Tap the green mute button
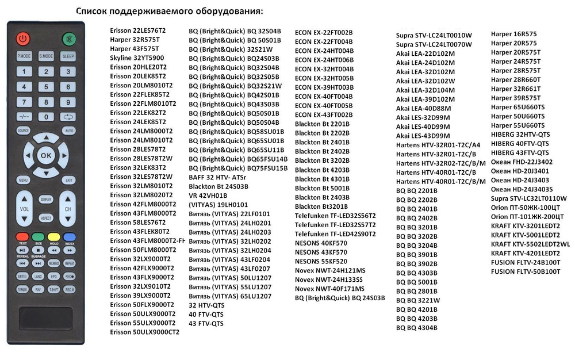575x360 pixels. point(68,39)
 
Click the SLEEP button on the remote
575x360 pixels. point(68,56)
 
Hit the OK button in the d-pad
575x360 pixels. point(46,155)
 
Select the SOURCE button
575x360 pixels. point(24,131)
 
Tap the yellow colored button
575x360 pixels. point(54,236)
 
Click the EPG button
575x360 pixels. point(54,277)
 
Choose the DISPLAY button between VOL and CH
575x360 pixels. point(46,199)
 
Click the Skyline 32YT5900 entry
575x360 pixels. point(137,58)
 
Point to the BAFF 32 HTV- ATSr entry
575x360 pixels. point(218,178)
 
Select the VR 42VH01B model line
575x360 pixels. point(208,196)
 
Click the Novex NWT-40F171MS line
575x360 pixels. point(329,289)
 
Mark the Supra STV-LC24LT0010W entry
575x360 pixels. point(434,35)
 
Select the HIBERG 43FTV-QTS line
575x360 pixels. point(520,153)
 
